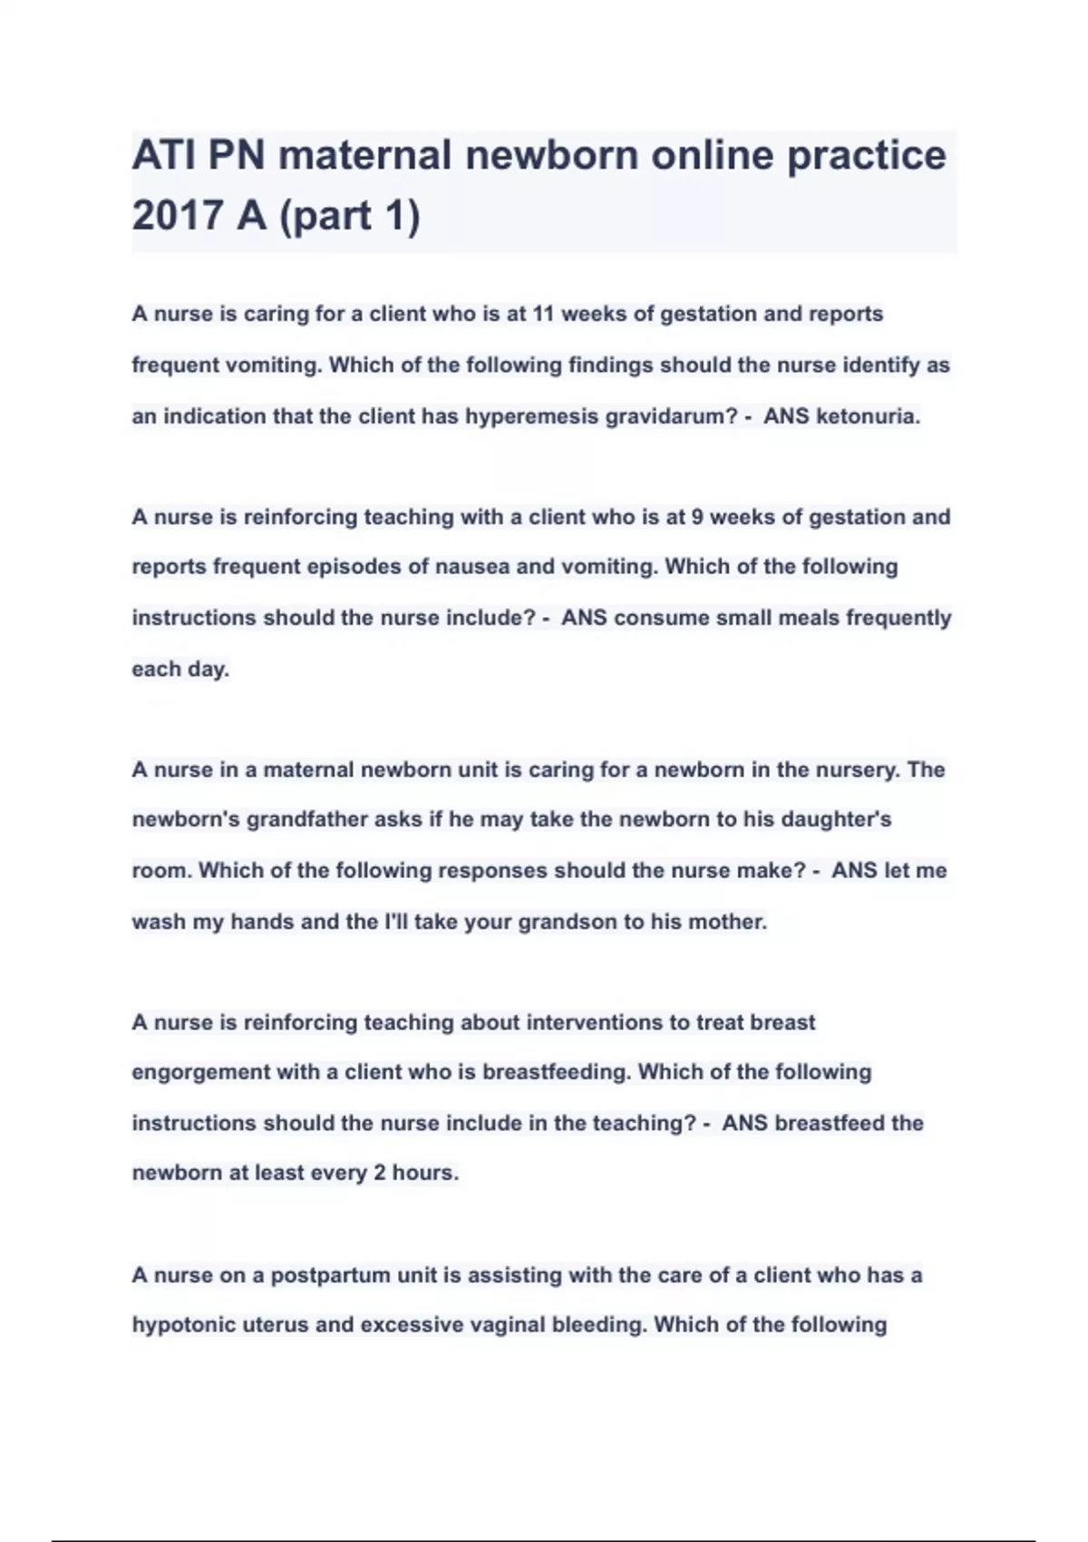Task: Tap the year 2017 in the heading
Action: [177, 215]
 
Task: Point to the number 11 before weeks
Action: [543, 314]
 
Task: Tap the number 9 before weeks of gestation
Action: [696, 517]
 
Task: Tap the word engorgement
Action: [200, 1072]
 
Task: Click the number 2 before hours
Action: [380, 1173]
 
